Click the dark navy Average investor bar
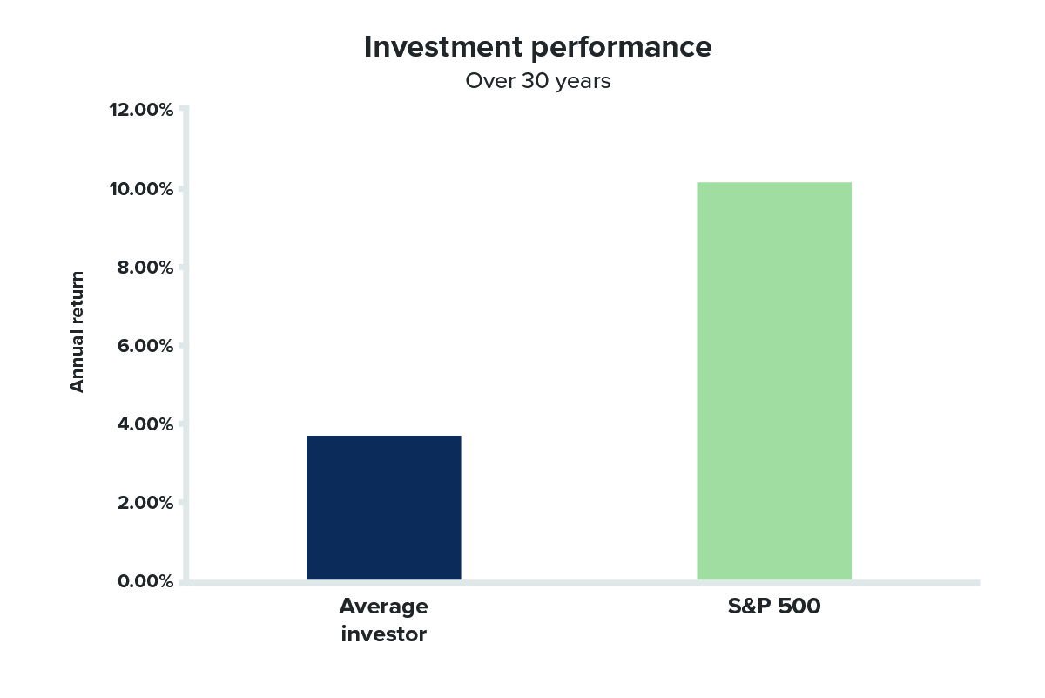383,507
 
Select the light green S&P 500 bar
774,381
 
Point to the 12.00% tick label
141,110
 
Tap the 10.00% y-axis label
141,189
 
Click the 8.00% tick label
145,268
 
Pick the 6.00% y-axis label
145,346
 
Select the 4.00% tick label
145,424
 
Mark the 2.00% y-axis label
145,503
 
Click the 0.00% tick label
145,581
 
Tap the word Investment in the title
443,47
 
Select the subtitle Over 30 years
538,81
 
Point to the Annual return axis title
77,332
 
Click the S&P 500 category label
774,606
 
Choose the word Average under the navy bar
383,607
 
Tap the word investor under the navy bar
383,634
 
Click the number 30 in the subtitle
535,81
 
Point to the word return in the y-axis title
77,297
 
